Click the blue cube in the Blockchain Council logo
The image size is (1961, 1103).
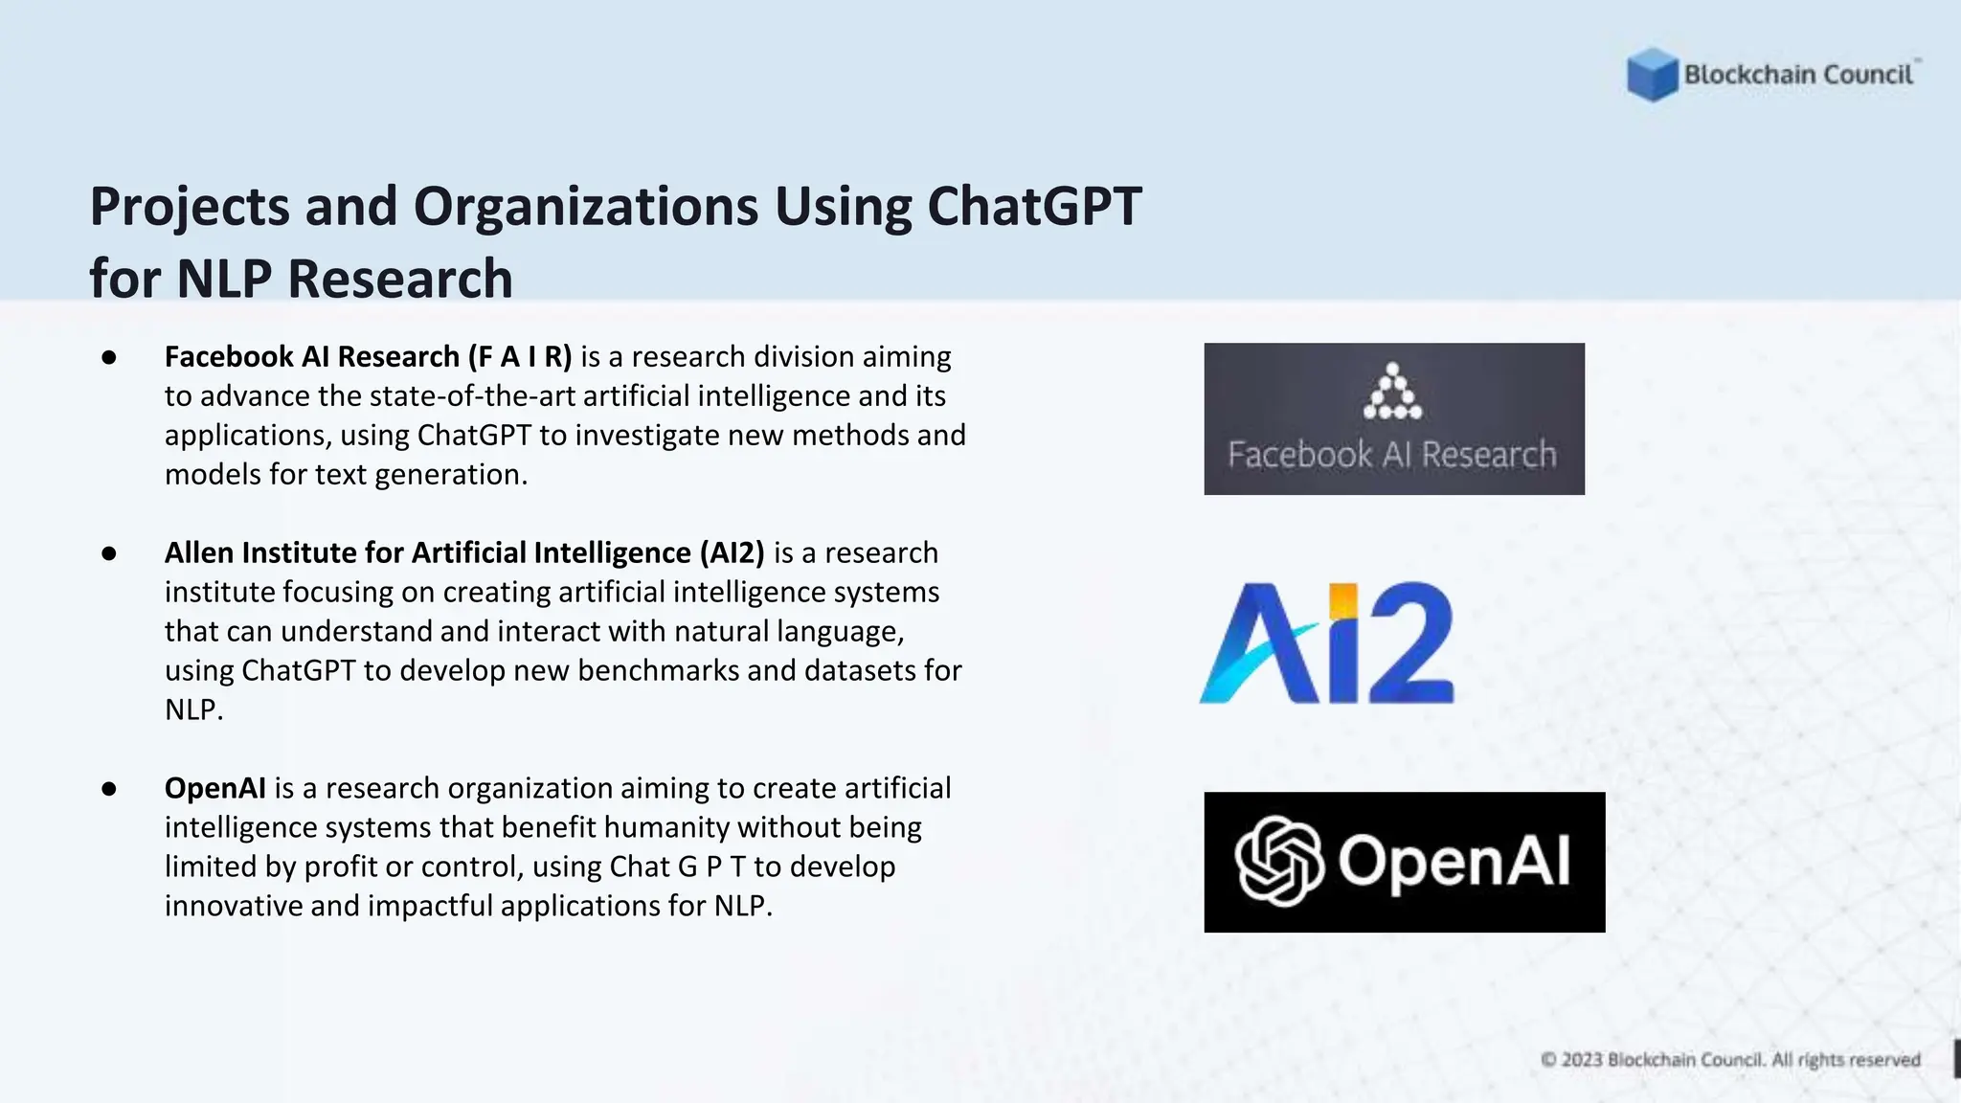point(1652,75)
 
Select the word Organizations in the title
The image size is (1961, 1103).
point(586,207)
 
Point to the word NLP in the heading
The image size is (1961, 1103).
point(226,279)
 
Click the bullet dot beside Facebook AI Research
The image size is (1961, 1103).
point(109,357)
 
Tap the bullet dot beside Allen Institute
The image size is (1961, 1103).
point(109,553)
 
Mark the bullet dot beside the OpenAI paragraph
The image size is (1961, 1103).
point(109,789)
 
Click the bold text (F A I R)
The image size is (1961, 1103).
point(520,357)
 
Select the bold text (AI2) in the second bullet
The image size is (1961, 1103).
point(733,553)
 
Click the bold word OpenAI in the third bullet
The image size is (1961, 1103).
point(215,789)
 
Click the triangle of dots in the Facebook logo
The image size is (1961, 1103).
point(1393,393)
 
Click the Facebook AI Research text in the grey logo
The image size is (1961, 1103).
point(1393,455)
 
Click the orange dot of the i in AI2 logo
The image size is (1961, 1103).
point(1343,600)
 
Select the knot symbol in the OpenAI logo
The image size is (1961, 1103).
point(1279,861)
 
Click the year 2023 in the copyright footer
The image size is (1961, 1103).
point(1582,1060)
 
